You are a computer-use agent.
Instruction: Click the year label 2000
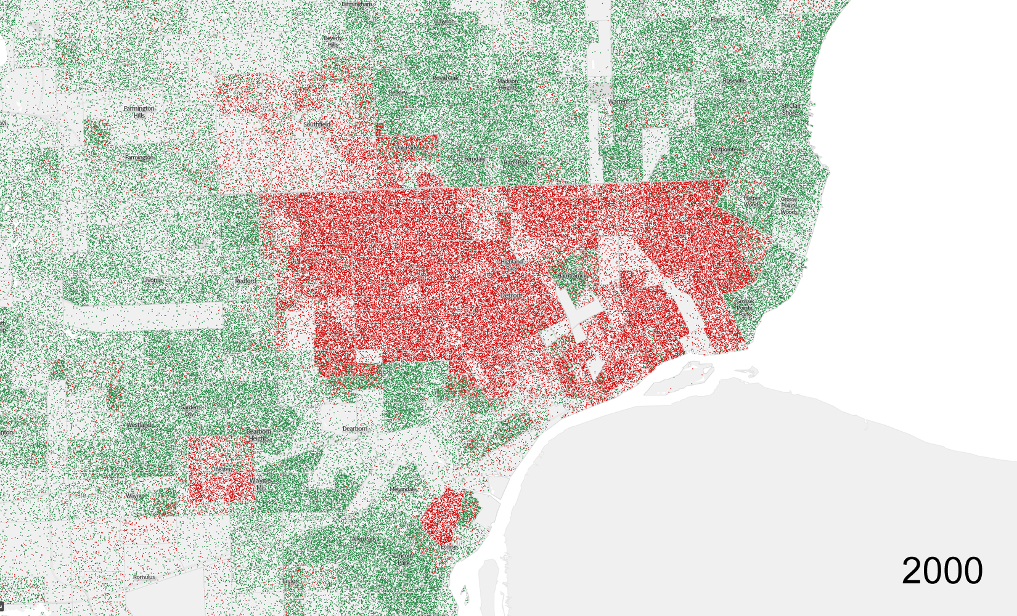[x=942, y=570]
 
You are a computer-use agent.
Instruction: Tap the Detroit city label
[x=510, y=296]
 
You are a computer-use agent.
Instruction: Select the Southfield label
[x=317, y=124]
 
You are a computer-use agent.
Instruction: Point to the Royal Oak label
[x=445, y=78]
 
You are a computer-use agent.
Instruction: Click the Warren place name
[x=617, y=102]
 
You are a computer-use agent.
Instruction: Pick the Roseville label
[x=734, y=81]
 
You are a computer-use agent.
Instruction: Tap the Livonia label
[x=152, y=280]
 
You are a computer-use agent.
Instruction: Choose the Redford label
[x=245, y=281]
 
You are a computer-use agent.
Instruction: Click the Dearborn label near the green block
[x=354, y=429]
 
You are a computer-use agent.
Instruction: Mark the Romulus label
[x=144, y=577]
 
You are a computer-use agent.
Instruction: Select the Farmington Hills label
[x=139, y=111]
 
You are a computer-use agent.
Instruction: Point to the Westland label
[x=140, y=425]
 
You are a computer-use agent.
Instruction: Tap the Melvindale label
[x=403, y=489]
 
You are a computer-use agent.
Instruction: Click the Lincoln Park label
[x=404, y=559]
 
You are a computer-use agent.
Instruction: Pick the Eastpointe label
[x=723, y=150]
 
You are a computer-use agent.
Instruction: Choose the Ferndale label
[x=474, y=159]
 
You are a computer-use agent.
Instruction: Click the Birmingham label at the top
[x=357, y=4]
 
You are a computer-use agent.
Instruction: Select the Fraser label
[x=717, y=20]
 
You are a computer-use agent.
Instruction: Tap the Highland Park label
[x=512, y=265]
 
